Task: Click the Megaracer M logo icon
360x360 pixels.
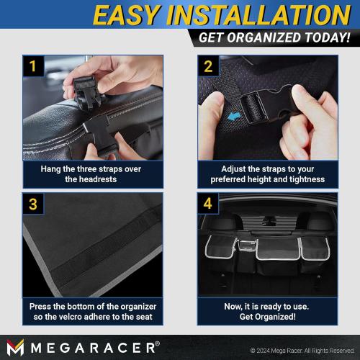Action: click(x=15, y=347)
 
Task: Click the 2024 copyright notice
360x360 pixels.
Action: click(x=302, y=351)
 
